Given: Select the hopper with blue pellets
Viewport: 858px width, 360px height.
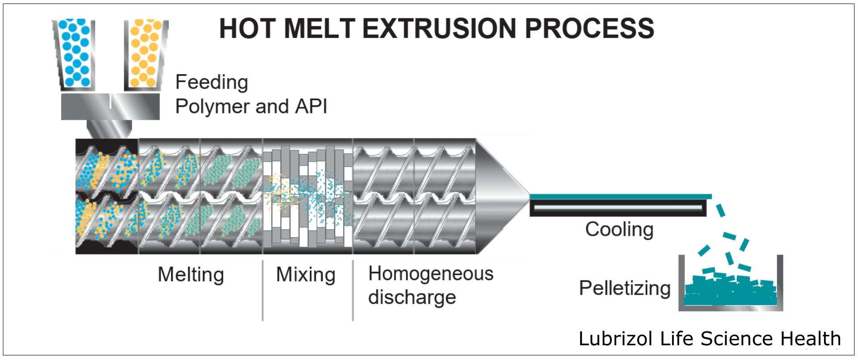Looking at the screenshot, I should [75, 54].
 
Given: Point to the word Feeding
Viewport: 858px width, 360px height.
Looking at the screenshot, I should [211, 83].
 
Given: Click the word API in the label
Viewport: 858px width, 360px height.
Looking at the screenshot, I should [311, 106].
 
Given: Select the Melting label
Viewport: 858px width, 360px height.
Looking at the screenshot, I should [191, 274].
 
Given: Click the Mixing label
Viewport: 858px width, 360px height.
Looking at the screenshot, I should [306, 274].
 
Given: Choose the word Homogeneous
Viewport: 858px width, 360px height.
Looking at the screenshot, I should [431, 273].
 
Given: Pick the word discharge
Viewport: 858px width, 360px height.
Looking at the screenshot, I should [412, 297].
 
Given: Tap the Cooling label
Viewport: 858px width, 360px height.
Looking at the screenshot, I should [619, 230].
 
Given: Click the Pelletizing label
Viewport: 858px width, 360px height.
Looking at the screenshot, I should [625, 288].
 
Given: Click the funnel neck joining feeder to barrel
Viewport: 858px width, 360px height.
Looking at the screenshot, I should [109, 129].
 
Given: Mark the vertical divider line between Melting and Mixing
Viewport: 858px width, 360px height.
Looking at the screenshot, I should [263, 290].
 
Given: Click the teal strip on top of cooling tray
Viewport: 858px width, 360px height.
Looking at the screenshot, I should [620, 197].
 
